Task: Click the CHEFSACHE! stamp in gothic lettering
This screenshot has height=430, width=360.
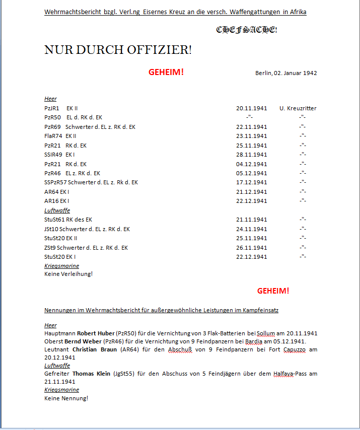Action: tap(247, 30)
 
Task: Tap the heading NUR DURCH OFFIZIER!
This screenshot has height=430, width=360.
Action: tap(118, 50)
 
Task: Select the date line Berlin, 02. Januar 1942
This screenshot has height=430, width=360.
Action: tap(286, 73)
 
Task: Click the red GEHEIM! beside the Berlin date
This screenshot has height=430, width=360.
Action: tap(166, 72)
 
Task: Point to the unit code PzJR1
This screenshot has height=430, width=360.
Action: tap(52, 108)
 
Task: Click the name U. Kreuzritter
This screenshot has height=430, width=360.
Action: tap(298, 108)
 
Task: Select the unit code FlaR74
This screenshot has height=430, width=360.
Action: tap(53, 136)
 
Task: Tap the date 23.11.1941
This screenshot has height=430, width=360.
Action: tap(251, 136)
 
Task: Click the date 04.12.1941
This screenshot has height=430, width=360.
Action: tap(251, 164)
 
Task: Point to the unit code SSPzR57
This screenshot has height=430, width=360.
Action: tap(55, 182)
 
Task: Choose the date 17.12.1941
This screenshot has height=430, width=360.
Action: tap(251, 182)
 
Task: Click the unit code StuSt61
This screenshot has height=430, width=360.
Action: tap(54, 220)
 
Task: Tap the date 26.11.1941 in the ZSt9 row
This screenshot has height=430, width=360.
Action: tap(251, 248)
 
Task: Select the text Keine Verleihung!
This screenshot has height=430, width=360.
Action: tap(68, 274)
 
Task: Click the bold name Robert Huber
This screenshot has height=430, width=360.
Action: tap(96, 333)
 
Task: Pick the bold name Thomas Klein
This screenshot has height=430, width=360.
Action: tap(93, 374)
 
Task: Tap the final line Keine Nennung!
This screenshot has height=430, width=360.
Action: tap(66, 398)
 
